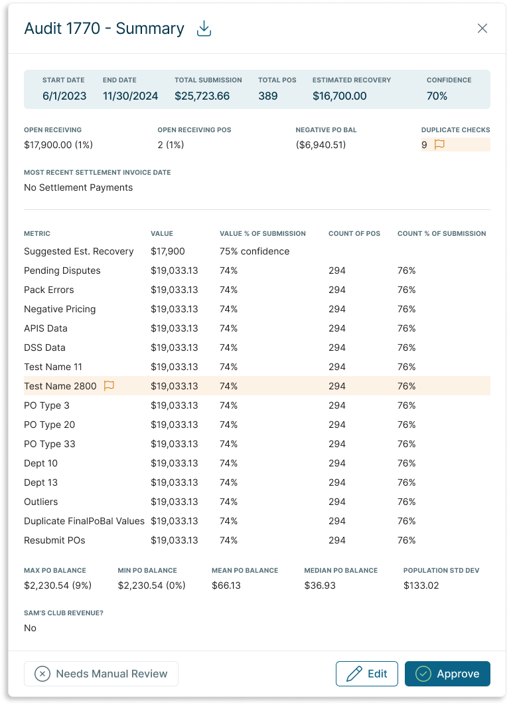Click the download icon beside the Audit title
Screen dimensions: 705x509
[204, 29]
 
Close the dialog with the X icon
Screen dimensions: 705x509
[482, 28]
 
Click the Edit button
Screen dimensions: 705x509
[366, 674]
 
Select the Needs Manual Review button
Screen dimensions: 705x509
[101, 674]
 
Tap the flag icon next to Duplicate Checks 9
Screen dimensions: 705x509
[439, 145]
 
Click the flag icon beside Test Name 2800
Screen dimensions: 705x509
[109, 386]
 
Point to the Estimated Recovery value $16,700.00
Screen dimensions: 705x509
[339, 96]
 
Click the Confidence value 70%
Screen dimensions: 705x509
[437, 96]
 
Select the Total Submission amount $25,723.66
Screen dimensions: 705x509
[202, 96]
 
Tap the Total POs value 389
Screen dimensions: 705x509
[267, 96]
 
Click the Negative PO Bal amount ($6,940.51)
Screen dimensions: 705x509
[321, 145]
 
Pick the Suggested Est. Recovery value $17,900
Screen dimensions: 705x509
[167, 251]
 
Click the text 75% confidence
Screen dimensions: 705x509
[254, 251]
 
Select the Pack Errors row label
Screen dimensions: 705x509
[49, 290]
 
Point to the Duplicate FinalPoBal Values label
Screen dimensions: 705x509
[84, 521]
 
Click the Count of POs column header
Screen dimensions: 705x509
[354, 234]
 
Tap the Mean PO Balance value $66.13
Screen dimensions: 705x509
[226, 585]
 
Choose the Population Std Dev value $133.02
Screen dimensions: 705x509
[421, 585]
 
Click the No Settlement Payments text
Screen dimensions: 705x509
[78, 187]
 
